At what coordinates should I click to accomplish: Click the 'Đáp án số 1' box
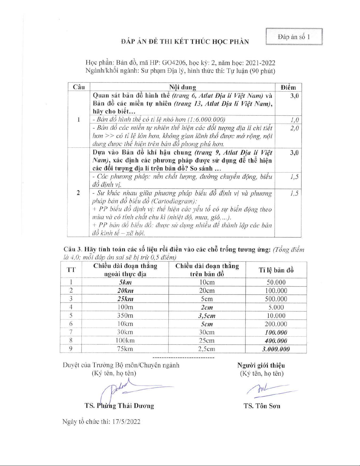click(x=294, y=37)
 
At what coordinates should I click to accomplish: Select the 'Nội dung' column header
click(x=182, y=87)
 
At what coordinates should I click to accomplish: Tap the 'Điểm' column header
click(x=288, y=87)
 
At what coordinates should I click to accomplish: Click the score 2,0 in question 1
click(x=294, y=128)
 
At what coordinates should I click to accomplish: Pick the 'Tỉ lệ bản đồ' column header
click(x=276, y=270)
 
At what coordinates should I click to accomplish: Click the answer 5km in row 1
click(x=125, y=282)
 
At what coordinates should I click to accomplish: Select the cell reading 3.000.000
click(x=276, y=349)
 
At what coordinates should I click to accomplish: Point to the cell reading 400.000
click(x=276, y=341)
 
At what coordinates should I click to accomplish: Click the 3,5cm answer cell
click(x=207, y=316)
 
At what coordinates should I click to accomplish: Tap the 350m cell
click(x=125, y=315)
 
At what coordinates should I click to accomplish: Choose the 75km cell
click(x=125, y=349)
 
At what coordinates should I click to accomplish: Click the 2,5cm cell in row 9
click(x=207, y=349)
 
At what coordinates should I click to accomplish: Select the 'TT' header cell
click(x=71, y=270)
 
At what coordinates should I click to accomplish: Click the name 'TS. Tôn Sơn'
click(x=262, y=406)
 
